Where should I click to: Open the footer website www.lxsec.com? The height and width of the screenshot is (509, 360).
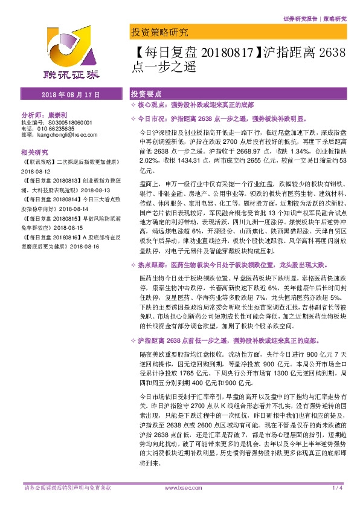point(179,504)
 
